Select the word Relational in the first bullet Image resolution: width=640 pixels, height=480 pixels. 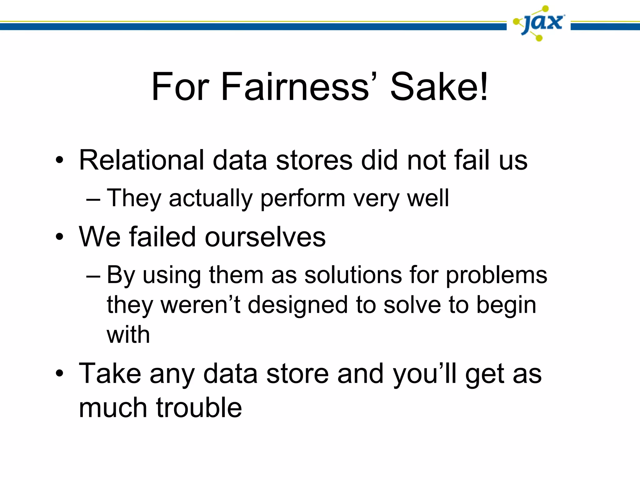click(x=141, y=160)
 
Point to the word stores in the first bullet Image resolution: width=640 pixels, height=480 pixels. click(x=314, y=160)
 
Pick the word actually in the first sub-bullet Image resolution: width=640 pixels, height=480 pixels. click(x=210, y=198)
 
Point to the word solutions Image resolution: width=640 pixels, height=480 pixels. click(x=353, y=275)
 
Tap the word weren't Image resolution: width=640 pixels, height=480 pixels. click(x=200, y=305)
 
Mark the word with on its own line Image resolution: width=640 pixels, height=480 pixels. click(x=128, y=335)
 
